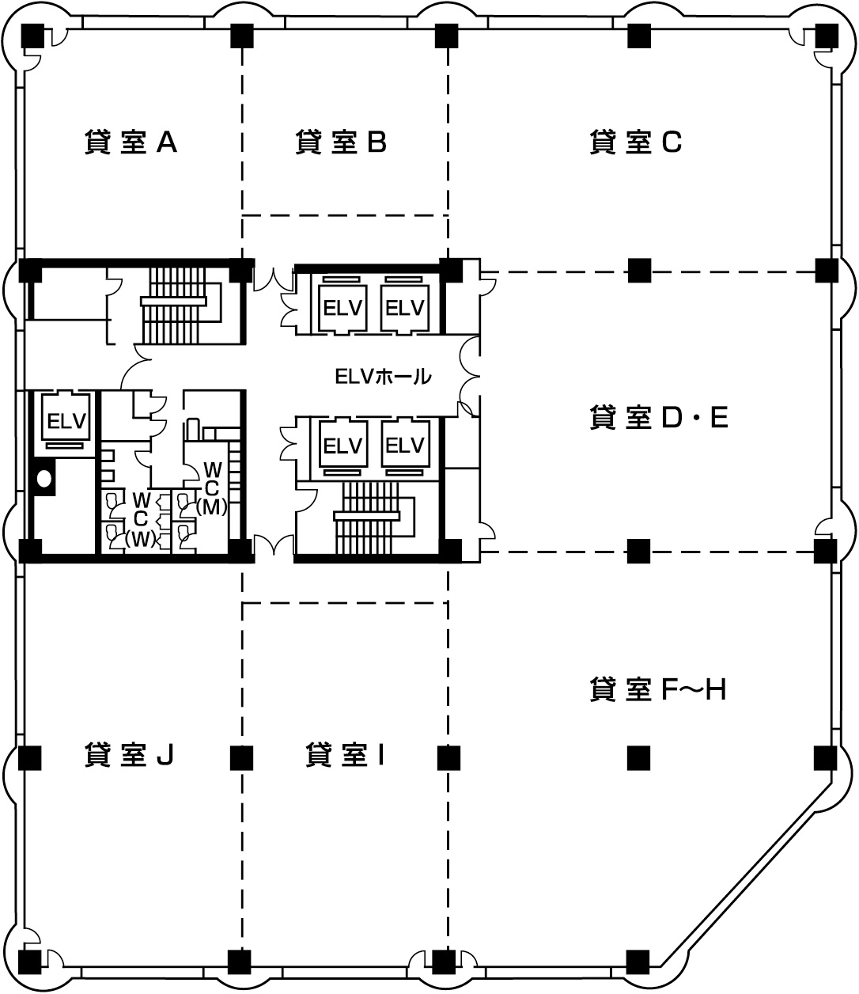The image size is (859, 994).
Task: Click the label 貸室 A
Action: (x=131, y=142)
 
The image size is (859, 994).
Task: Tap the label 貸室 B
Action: (x=341, y=142)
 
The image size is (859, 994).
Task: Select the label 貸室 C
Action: (x=635, y=142)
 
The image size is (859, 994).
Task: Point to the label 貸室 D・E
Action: (x=659, y=417)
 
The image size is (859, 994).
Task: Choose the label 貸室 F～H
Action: (x=657, y=689)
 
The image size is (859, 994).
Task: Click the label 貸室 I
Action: (x=345, y=754)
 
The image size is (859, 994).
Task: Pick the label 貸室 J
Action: (x=129, y=754)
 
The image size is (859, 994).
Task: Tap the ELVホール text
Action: (x=383, y=377)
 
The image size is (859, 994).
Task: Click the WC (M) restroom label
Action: (x=211, y=488)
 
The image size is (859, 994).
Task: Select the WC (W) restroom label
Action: (x=140, y=520)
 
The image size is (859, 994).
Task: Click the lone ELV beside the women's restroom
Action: (x=66, y=421)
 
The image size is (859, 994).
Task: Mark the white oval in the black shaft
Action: (x=44, y=479)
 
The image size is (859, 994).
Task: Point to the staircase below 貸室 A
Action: (x=180, y=305)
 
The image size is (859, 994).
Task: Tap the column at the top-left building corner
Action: (x=32, y=36)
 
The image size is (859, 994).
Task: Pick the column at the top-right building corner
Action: (x=827, y=36)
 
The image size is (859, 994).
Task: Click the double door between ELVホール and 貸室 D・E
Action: (x=469, y=376)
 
